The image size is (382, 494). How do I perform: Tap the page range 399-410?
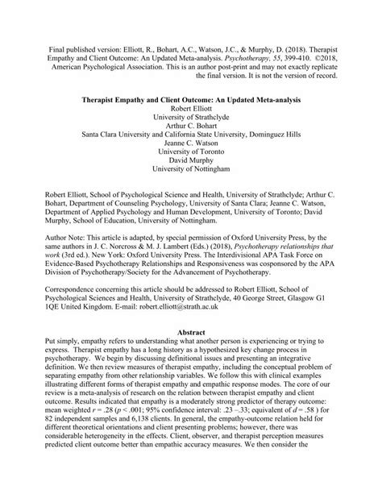(288, 37)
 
